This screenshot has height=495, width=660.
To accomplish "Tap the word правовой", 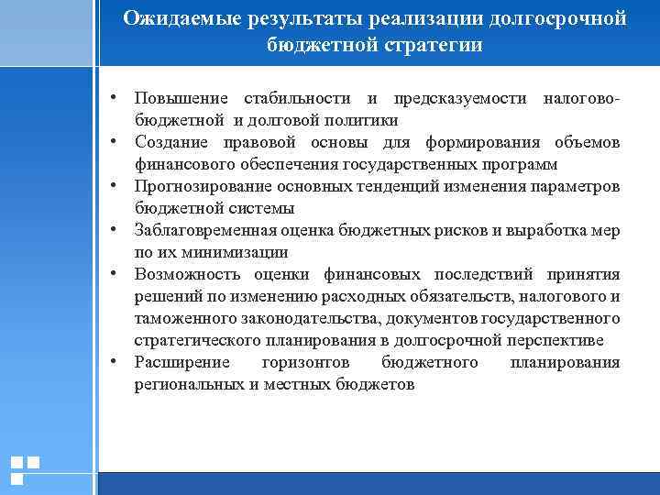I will (x=256, y=142).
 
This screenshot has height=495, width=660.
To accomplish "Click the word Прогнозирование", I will (x=202, y=186).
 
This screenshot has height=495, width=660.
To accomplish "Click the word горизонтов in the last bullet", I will (x=307, y=362).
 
